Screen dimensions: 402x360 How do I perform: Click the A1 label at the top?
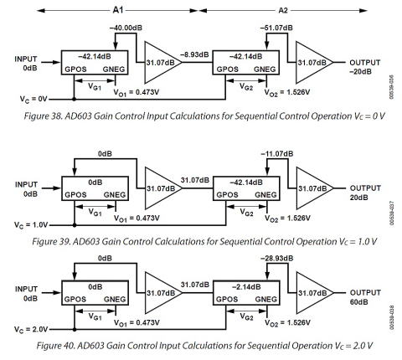click(x=117, y=10)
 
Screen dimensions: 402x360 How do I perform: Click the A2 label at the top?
click(x=283, y=10)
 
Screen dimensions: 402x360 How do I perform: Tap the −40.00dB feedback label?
click(x=126, y=28)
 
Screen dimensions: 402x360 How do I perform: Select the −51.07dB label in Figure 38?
click(x=276, y=28)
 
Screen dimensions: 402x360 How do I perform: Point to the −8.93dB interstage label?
click(x=194, y=54)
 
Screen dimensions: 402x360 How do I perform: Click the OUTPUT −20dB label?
click(x=365, y=67)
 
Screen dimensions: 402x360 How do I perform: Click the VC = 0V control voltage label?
click(x=33, y=99)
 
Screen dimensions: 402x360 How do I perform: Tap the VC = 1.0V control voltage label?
click(x=31, y=225)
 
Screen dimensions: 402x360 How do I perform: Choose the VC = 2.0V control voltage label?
click(x=31, y=330)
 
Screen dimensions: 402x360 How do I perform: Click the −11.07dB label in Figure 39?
click(x=277, y=153)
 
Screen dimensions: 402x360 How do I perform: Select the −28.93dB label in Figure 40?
click(x=277, y=258)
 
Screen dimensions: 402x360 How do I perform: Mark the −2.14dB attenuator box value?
click(x=246, y=286)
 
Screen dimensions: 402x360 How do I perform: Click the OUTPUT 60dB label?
click(x=365, y=297)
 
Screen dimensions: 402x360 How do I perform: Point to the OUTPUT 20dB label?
click(x=365, y=193)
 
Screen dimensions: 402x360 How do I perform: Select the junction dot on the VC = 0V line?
click(x=74, y=99)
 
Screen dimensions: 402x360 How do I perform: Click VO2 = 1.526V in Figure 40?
click(x=287, y=323)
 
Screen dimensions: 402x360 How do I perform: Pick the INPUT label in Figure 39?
click(x=26, y=184)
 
